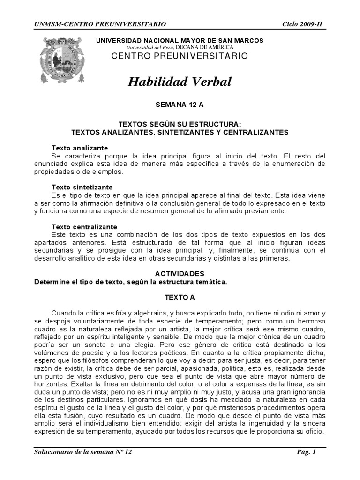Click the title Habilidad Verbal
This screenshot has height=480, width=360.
click(180, 82)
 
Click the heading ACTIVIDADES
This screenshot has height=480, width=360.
click(180, 273)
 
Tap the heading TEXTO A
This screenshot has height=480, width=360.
click(180, 297)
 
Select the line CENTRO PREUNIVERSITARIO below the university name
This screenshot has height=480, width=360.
click(180, 56)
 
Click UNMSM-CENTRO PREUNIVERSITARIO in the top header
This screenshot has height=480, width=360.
click(100, 24)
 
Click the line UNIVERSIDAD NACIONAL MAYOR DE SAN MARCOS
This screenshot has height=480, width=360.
click(180, 41)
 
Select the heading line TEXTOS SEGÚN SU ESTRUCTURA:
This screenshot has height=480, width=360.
click(180, 124)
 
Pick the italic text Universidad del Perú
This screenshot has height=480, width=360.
click(150, 48)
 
